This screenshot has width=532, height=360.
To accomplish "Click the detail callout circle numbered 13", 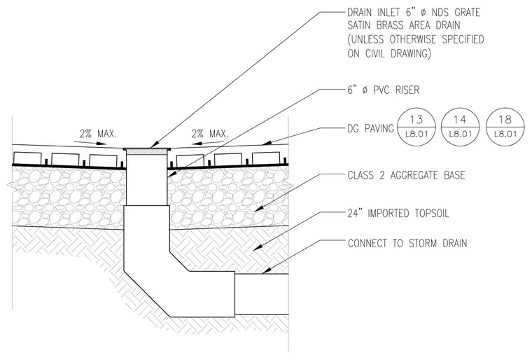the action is tap(416, 127).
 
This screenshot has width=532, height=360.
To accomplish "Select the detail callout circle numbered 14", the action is tap(460, 127).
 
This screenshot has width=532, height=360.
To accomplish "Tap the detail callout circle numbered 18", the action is tap(505, 127).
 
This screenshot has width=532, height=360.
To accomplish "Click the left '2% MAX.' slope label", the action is tap(99, 134).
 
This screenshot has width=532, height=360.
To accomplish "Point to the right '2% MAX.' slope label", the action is tap(210, 134).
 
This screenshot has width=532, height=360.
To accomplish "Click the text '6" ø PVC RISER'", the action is tap(384, 90).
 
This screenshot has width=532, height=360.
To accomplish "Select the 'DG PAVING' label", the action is tap(370, 128).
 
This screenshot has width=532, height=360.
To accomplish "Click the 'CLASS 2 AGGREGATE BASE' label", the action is tap(406, 175).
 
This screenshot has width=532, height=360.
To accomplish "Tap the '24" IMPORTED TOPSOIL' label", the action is tap(398, 214).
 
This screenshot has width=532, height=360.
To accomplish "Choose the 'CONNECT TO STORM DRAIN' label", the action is tap(407, 243).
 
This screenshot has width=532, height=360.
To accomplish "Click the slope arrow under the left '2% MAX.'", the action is tap(94, 143).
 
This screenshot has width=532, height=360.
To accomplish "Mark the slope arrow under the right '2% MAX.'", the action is tap(204, 143).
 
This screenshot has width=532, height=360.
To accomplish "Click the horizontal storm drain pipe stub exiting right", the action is tap(262, 294).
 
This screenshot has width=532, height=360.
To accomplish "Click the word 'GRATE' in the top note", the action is tap(467, 13).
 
